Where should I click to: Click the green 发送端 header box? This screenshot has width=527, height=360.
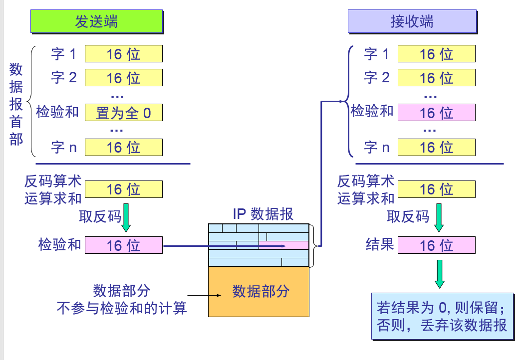(x=97, y=22)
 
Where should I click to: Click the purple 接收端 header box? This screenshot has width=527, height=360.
(x=412, y=22)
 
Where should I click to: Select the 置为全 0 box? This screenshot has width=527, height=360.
(x=124, y=113)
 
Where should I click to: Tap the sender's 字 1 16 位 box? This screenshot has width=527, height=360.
(x=124, y=54)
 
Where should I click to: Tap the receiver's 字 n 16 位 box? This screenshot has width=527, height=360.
(x=436, y=147)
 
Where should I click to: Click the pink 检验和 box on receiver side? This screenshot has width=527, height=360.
(x=436, y=113)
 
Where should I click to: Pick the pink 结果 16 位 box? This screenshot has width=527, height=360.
(x=436, y=245)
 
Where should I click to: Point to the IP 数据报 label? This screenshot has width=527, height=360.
(x=263, y=214)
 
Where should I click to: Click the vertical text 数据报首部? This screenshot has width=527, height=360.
(x=16, y=105)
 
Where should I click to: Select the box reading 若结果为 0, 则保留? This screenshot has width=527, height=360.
(x=443, y=316)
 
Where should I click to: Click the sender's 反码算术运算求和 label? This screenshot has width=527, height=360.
(x=53, y=189)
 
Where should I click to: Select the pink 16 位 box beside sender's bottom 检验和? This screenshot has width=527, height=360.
(x=124, y=245)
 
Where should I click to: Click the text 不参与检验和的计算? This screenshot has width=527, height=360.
(x=122, y=308)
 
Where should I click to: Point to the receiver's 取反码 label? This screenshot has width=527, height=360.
(x=408, y=216)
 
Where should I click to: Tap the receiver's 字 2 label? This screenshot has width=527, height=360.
(x=377, y=77)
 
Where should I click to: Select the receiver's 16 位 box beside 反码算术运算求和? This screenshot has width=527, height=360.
(x=436, y=189)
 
